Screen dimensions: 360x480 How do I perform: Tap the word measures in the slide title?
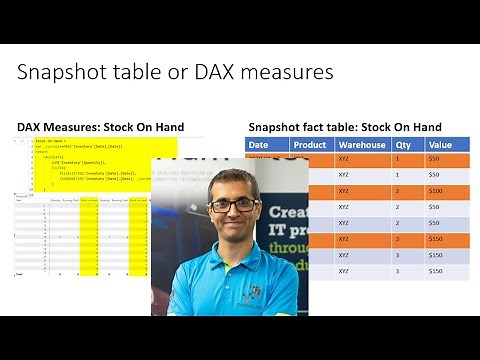pos(285,74)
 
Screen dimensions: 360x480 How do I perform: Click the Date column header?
pos(259,144)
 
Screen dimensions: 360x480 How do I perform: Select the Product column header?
pos(310,144)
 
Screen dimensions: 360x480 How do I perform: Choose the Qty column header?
pos(403,144)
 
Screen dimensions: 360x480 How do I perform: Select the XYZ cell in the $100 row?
pos(344,191)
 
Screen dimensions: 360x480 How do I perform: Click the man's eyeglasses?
pos(233,205)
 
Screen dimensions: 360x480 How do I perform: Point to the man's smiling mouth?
pos(234,227)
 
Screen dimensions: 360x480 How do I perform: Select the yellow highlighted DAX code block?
pos(95,163)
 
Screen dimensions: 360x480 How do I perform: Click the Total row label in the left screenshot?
pos(20,272)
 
